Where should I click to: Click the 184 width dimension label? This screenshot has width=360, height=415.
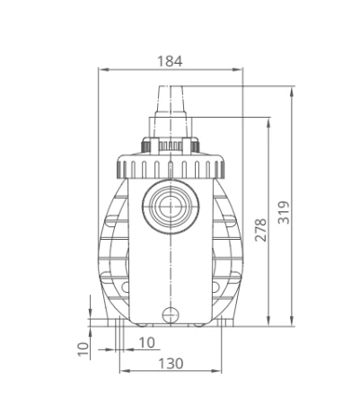point(170,61)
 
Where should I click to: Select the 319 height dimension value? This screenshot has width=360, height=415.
point(284,212)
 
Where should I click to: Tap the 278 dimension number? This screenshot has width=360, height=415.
point(260,230)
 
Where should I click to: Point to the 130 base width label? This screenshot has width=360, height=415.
point(171,364)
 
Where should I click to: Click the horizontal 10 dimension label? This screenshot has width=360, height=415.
point(147,342)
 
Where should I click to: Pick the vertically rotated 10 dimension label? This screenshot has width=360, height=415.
point(83,349)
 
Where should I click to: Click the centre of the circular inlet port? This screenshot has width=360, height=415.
point(171,207)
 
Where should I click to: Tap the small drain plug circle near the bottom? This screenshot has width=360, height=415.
point(171,315)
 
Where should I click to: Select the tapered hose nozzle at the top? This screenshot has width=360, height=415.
point(170,100)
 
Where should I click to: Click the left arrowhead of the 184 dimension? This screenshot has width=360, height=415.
point(103,69)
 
